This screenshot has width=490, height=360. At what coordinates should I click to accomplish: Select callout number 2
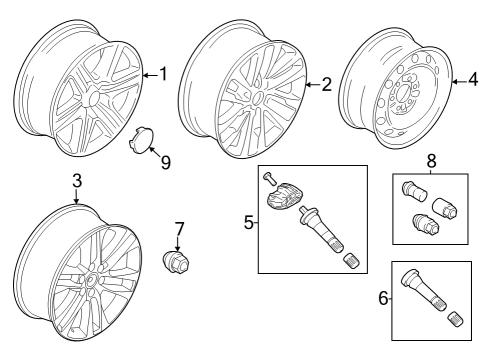point(325,85)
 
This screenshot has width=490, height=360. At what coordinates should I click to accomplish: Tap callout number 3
point(76,181)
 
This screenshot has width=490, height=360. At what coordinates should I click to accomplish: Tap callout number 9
point(166,162)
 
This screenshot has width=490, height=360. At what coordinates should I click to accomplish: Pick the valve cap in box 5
point(350,261)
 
